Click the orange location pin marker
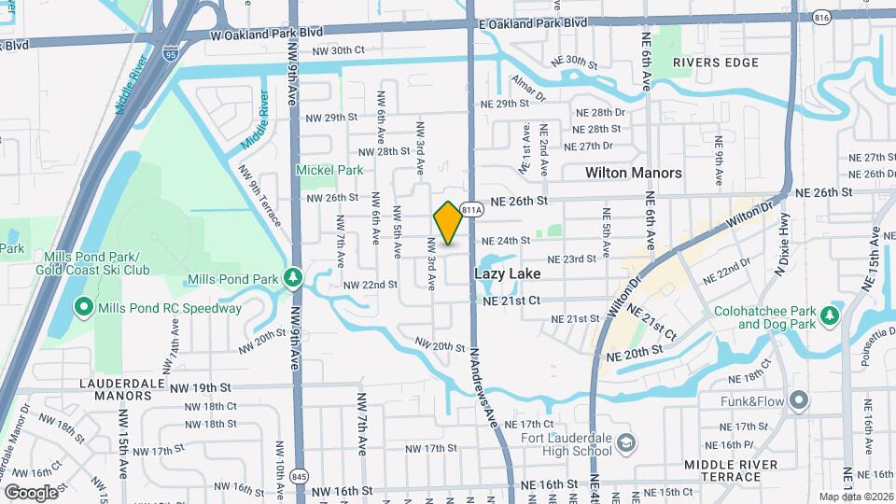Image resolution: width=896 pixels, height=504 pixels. (x=449, y=222)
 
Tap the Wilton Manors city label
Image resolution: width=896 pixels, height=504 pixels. (x=634, y=173)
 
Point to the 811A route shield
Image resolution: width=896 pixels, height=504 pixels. (x=471, y=210)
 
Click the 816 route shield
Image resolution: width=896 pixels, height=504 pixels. (x=794, y=16)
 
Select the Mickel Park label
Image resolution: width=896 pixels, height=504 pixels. (x=329, y=170)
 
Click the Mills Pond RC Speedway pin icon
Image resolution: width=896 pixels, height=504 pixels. (x=82, y=308)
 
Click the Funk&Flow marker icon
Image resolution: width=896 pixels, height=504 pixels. (x=798, y=401)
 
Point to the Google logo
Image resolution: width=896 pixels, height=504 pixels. (x=31, y=492)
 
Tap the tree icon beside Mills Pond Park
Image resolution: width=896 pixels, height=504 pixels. (x=292, y=278)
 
